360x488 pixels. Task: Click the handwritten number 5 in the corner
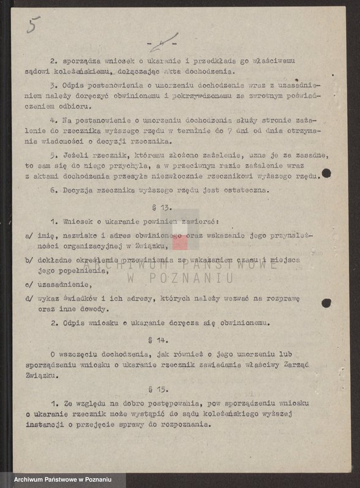34,26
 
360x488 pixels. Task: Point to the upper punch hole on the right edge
326,173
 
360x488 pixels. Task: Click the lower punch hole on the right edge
326,302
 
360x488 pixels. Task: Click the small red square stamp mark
180,242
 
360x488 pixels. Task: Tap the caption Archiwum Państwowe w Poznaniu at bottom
62,479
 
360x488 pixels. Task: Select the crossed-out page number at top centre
163,45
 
